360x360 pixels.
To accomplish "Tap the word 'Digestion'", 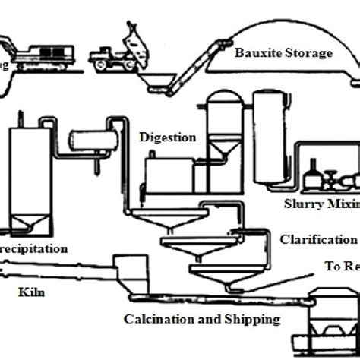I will click(x=168, y=137).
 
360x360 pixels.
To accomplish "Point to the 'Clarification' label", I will click(x=317, y=240).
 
